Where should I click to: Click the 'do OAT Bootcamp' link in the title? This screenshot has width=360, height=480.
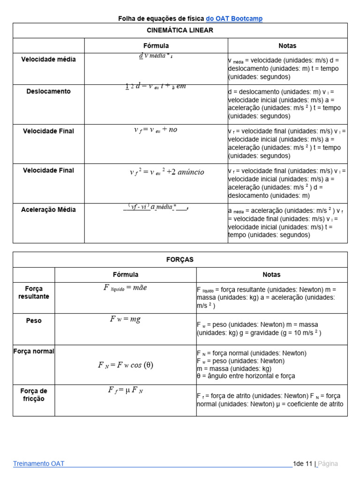[234, 18]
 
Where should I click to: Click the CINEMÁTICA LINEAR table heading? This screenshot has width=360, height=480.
[180, 30]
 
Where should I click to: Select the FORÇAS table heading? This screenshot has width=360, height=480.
[180, 259]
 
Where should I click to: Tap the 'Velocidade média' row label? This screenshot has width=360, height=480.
[48, 60]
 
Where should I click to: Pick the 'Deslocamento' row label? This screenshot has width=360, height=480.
[48, 91]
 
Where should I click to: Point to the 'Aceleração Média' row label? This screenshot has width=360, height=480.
[48, 210]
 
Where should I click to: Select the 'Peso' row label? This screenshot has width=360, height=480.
[34, 321]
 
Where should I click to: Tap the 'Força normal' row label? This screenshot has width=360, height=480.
[34, 351]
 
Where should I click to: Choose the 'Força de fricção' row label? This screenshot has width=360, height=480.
[34, 395]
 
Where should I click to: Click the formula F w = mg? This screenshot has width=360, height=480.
[125, 319]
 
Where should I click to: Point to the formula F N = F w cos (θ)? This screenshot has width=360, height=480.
[125, 365]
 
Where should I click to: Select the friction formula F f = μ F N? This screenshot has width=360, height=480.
[125, 390]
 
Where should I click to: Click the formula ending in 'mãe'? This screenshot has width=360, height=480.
[125, 288]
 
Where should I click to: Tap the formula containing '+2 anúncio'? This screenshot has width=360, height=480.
[167, 172]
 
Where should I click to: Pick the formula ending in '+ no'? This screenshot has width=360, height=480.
[156, 130]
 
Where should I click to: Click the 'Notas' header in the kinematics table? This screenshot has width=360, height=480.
[287, 45]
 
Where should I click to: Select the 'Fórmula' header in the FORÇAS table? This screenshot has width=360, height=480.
[126, 275]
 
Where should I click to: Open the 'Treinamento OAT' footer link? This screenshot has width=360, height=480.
[39, 464]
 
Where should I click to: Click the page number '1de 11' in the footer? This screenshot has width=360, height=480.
[302, 464]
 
